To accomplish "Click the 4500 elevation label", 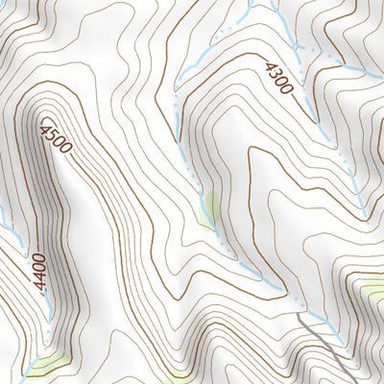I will tap(56, 138).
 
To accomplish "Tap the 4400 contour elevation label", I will tap(38, 268).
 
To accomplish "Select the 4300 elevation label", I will tap(278, 77).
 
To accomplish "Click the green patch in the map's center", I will tap(208, 210).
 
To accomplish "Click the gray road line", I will tap(326, 341).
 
